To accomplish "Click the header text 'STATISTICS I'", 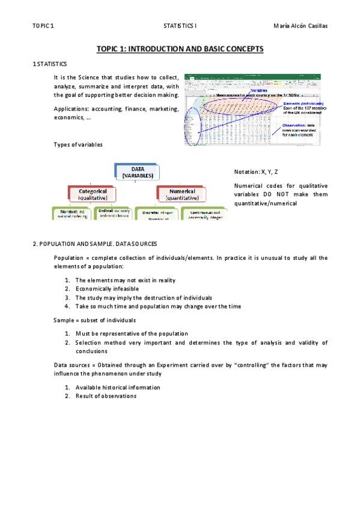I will (x=180, y=26).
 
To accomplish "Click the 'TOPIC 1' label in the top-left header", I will (x=43, y=26).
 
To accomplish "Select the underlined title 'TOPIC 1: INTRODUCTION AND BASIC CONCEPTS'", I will (x=180, y=49).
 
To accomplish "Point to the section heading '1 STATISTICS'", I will (x=50, y=63).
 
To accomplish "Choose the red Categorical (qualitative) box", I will (x=92, y=194).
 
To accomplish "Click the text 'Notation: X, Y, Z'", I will (x=256, y=172).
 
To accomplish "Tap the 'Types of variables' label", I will (x=78, y=145).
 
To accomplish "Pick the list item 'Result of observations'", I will (x=106, y=396).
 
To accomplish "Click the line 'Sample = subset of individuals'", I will (x=94, y=320).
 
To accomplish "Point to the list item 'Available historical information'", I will (x=118, y=387).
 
